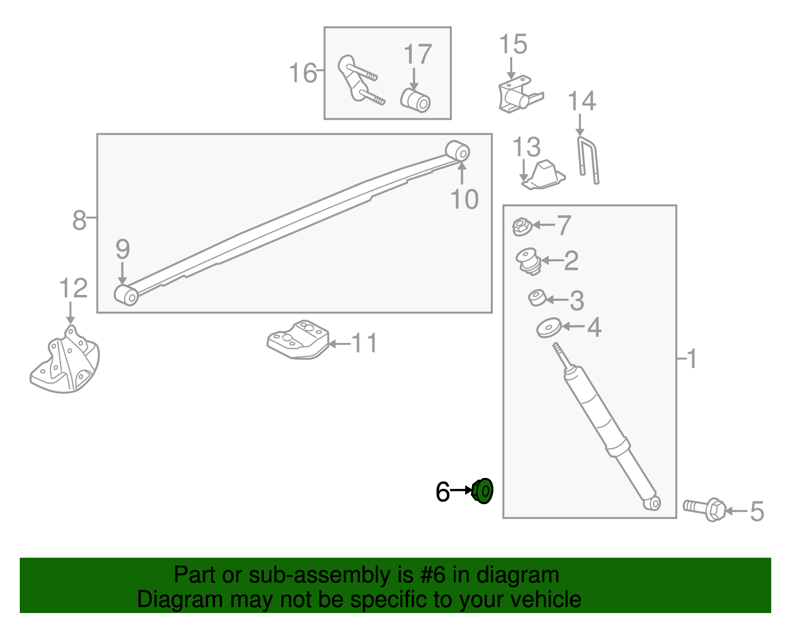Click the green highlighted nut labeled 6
tap(483, 491)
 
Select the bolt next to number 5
tap(704, 509)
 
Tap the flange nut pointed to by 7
tap(522, 227)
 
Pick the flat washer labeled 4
tap(549, 328)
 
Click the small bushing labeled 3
tap(537, 297)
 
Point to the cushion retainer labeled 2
tap(528, 261)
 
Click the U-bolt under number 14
tap(587, 160)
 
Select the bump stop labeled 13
tap(543, 175)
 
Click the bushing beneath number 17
tap(415, 100)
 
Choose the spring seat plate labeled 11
tap(298, 339)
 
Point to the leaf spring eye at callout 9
tap(126, 295)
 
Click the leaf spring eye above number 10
tap(458, 151)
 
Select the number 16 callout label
tap(303, 73)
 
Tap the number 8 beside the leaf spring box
tap(80, 220)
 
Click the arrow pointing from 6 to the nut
tap(461, 490)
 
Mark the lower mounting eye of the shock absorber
tap(652, 503)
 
